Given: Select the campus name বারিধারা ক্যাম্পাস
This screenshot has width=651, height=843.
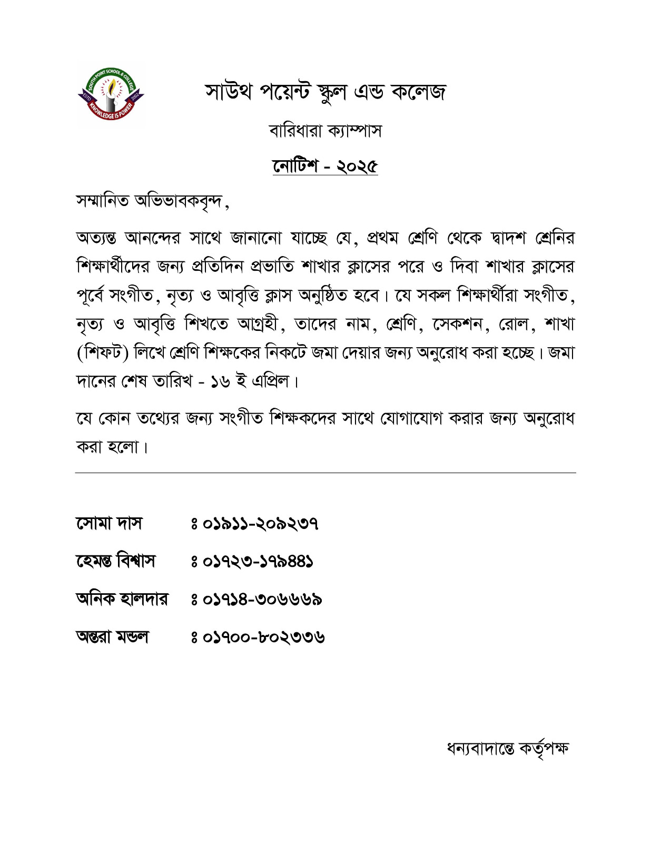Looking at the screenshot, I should click(325, 130).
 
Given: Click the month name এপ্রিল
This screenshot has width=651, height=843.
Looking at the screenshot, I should click(271, 380).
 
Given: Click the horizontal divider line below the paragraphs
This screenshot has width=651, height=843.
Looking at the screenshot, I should click(325, 473).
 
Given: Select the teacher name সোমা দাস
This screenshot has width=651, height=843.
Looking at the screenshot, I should click(109, 524).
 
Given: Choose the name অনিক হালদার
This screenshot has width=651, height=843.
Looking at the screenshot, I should click(122, 600).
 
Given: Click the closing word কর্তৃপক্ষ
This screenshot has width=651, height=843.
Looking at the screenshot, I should click(544, 748).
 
